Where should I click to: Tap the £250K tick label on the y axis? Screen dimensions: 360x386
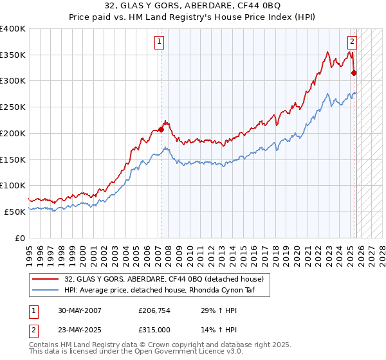[x=13, y=107]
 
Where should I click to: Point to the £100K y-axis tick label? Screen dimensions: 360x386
[x=13, y=185]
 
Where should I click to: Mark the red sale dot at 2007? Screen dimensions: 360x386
[x=161, y=130]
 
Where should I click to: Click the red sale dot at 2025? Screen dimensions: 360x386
[x=354, y=73]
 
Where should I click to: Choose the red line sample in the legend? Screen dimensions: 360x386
[x=46, y=279]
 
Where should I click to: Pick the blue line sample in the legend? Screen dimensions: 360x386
[x=46, y=289]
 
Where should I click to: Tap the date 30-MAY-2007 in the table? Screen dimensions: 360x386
[x=79, y=310]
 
